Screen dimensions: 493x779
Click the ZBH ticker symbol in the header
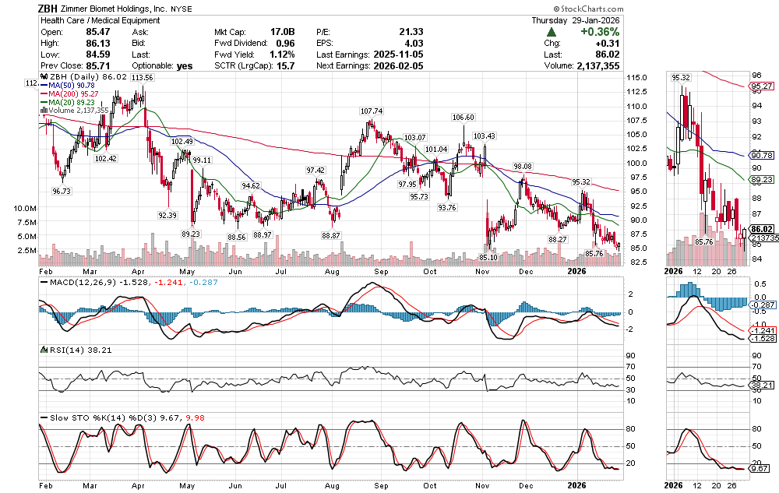(x=51, y=9)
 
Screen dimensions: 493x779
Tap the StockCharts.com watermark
(x=733, y=9)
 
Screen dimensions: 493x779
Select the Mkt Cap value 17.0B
(x=282, y=32)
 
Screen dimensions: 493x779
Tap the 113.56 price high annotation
(x=142, y=78)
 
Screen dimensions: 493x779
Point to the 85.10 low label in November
(x=488, y=257)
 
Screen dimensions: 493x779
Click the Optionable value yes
(x=185, y=66)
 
